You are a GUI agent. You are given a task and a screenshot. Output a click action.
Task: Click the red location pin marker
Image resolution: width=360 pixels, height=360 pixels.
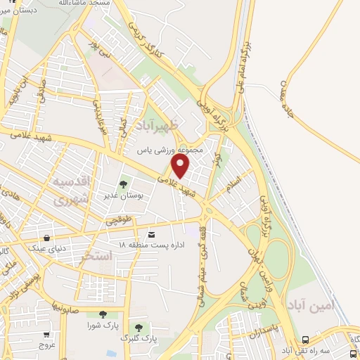pos(181,167)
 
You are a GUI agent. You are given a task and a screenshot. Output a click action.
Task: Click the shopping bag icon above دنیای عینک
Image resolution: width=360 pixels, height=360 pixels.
pos(47,238)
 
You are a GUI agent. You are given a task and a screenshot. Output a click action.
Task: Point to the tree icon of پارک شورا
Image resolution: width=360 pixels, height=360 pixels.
pos(103,314)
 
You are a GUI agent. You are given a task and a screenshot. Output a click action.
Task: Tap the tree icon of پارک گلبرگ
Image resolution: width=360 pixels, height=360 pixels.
pos(139,328)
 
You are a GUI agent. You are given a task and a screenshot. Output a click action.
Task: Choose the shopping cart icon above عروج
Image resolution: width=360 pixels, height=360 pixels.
pos(47,335)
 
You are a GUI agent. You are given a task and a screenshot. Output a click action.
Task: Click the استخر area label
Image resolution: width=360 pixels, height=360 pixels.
pos(97,255)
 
